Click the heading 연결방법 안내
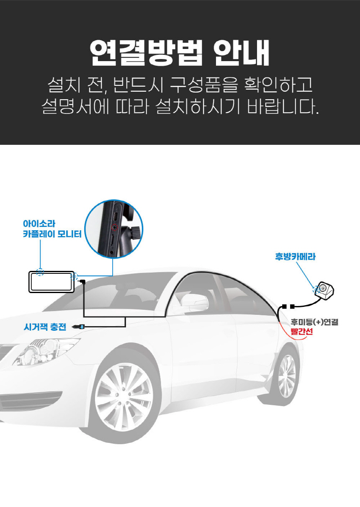tap(180, 53)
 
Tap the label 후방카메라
tap(295, 257)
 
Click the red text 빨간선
tap(302, 332)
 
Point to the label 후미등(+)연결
tap(314, 322)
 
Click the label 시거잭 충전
tap(45, 327)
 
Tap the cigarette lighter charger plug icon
tap(78, 327)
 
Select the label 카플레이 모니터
tap(52, 234)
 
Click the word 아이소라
tap(39, 224)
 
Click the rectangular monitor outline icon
tap(51, 271)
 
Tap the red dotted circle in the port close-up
tap(115, 226)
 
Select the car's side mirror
tap(195, 303)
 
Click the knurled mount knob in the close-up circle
tap(136, 233)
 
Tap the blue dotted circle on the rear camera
tap(316, 289)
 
